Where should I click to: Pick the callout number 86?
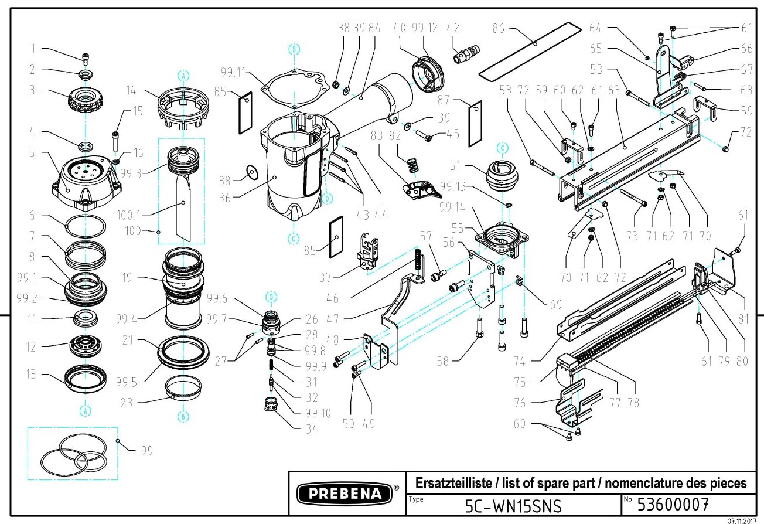point(499,28)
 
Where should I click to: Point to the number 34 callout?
point(311,428)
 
